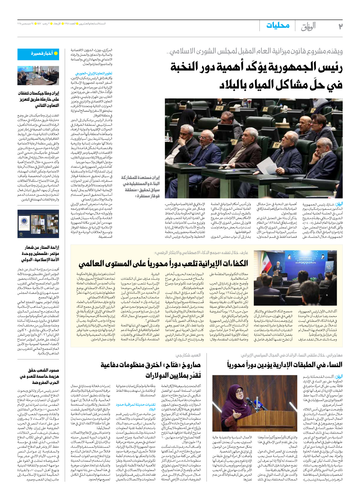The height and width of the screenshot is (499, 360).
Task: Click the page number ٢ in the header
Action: point(340,26)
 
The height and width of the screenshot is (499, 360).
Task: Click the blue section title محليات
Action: point(278,26)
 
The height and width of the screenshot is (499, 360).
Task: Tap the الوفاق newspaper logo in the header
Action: point(308,26)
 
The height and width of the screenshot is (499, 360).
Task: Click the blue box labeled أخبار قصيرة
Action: point(38,54)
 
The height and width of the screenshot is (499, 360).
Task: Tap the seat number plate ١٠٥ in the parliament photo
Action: point(219,108)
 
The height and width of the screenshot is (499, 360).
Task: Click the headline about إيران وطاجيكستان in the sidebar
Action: point(39,99)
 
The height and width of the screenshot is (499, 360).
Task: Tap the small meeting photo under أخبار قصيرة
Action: point(38,76)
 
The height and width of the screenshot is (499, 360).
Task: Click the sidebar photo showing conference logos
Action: point(38,224)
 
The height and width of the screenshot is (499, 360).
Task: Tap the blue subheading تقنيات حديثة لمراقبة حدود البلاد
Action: point(135,407)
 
